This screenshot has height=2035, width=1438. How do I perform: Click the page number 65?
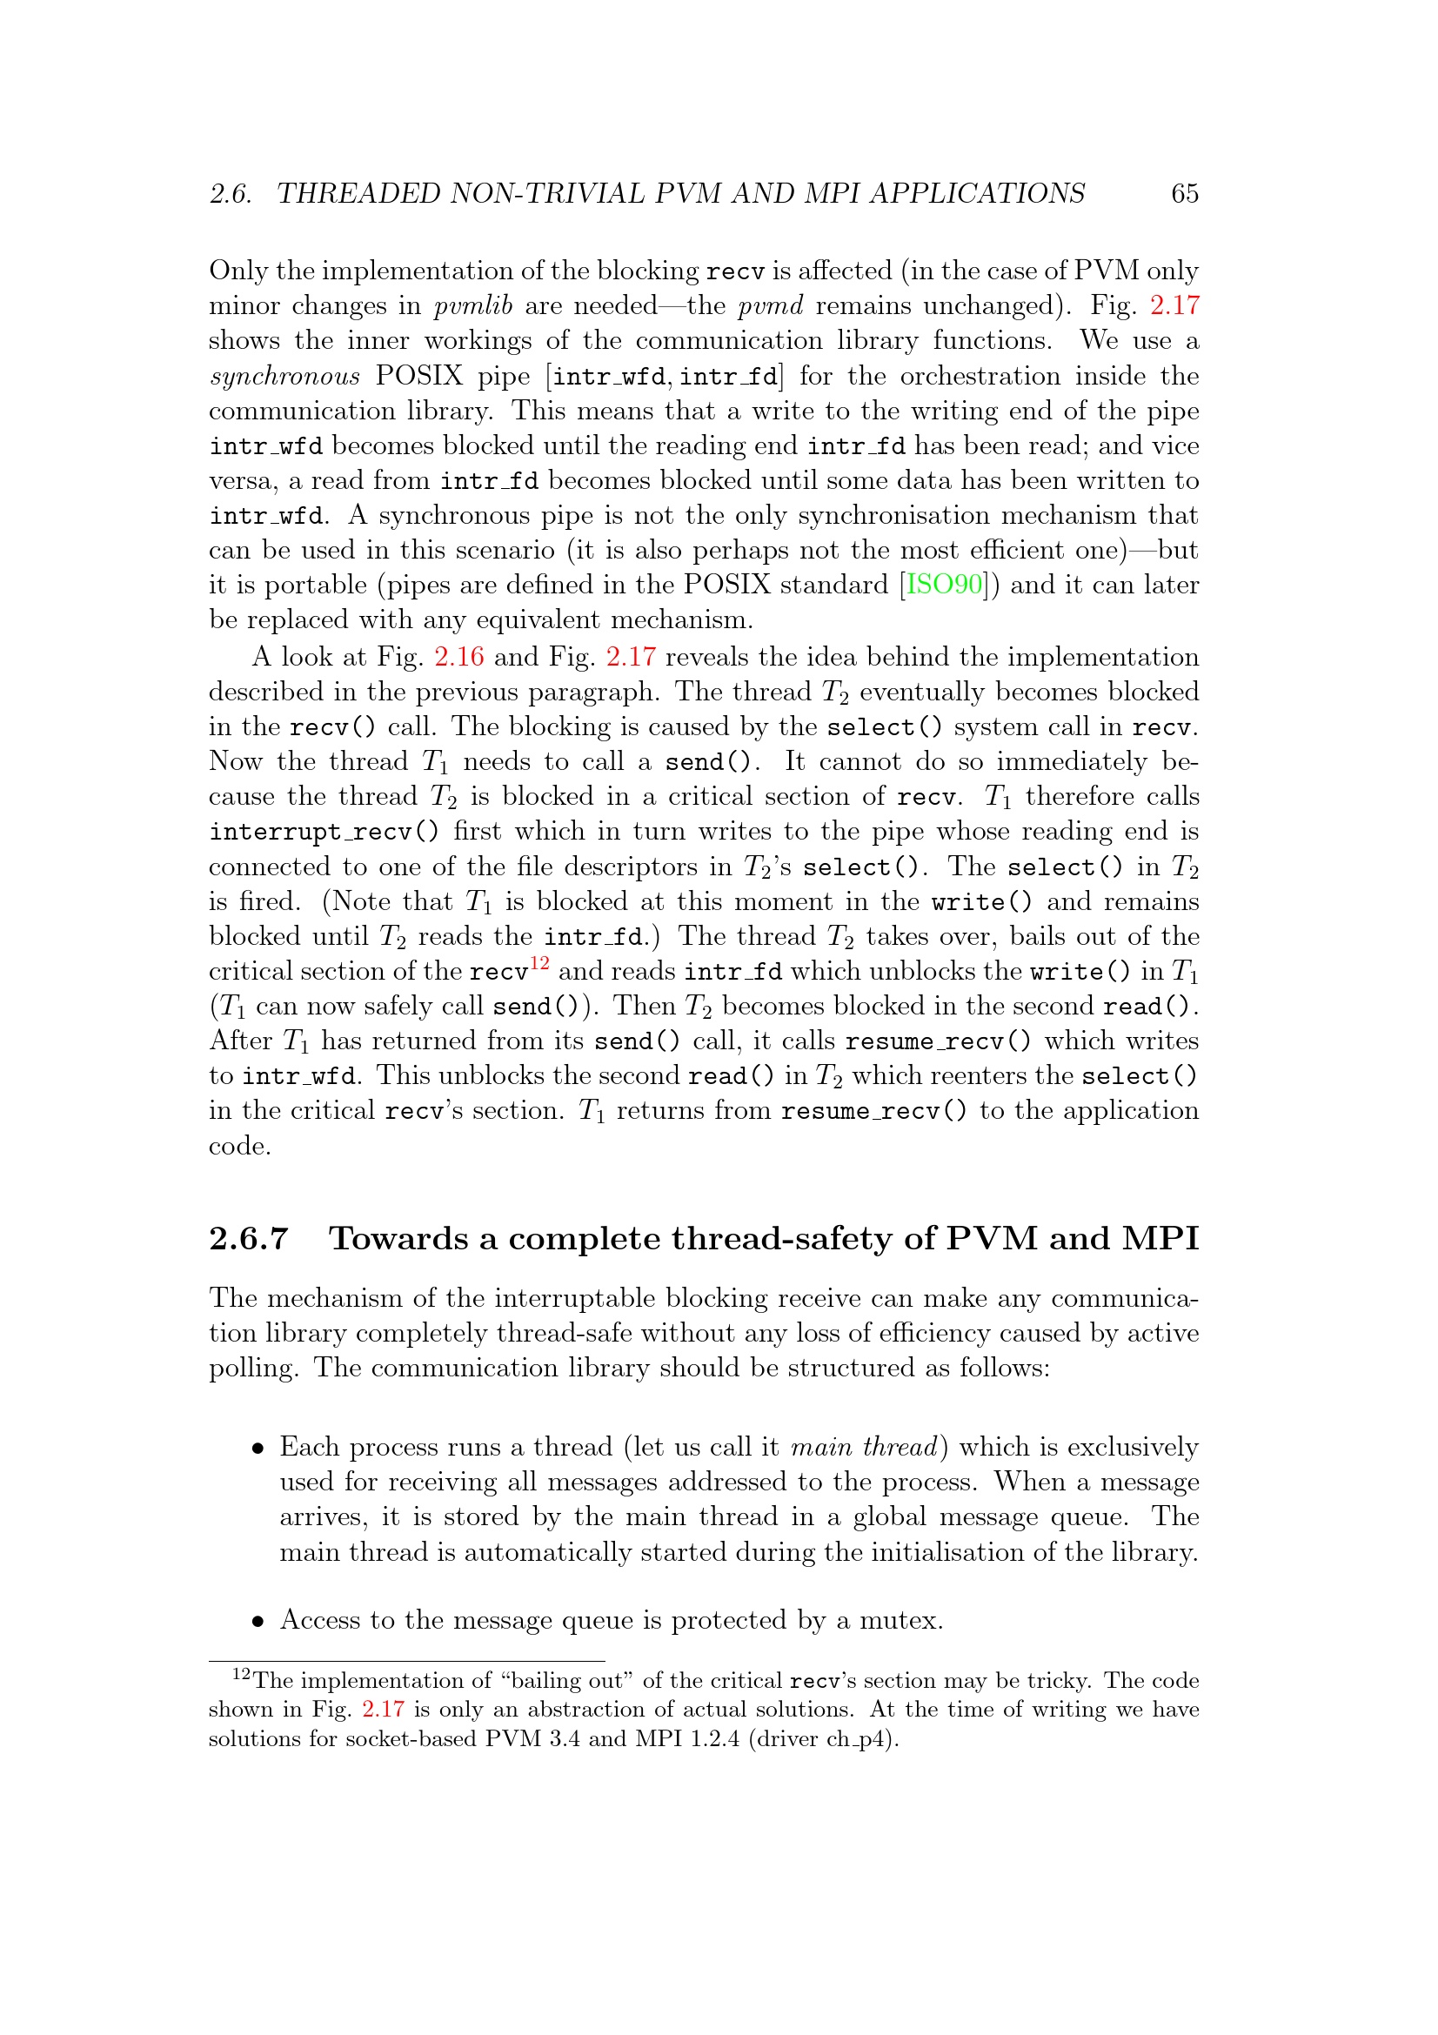[1184, 193]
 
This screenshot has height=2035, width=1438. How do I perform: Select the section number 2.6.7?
[249, 1238]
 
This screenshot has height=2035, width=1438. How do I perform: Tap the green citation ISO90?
[944, 585]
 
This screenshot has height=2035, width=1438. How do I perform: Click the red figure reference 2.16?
[458, 657]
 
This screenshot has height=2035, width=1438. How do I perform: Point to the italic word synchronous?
[284, 377]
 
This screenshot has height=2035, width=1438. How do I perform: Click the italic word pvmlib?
[473, 305]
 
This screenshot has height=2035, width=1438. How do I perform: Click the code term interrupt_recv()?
[324, 832]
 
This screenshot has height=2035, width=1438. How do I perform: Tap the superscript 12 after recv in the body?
[539, 963]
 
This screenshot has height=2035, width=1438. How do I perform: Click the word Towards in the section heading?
[398, 1238]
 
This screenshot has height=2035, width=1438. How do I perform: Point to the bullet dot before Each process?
[258, 1449]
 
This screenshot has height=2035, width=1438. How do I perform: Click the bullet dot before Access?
[258, 1622]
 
